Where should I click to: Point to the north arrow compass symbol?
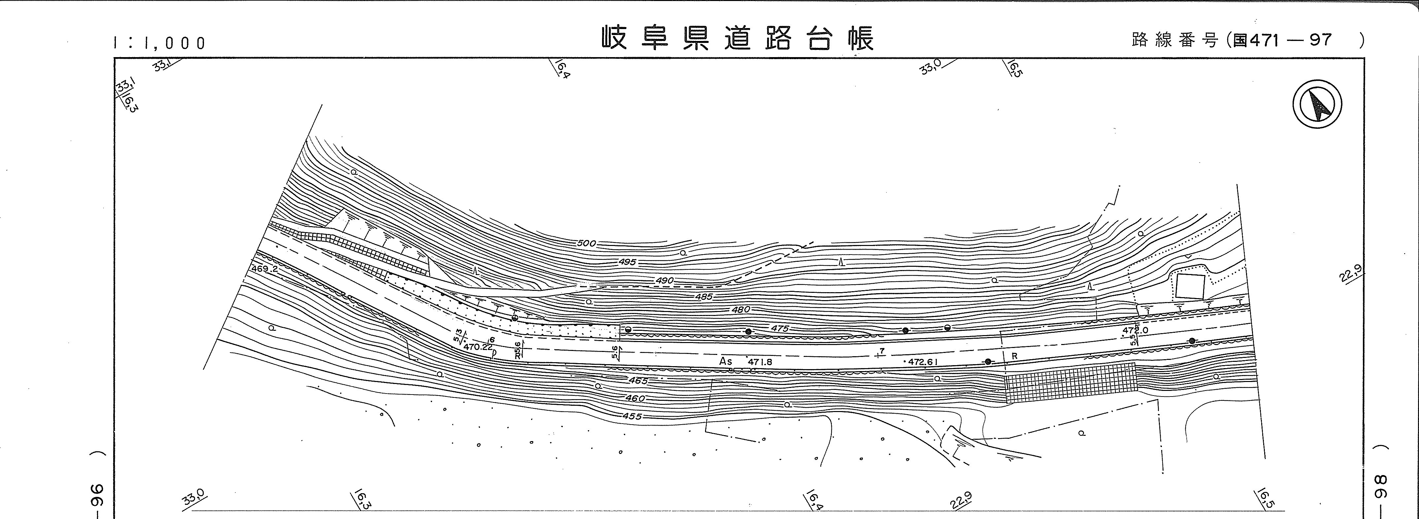1317,104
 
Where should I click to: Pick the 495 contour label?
627,262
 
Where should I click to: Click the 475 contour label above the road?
779,329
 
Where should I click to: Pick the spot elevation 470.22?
478,347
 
